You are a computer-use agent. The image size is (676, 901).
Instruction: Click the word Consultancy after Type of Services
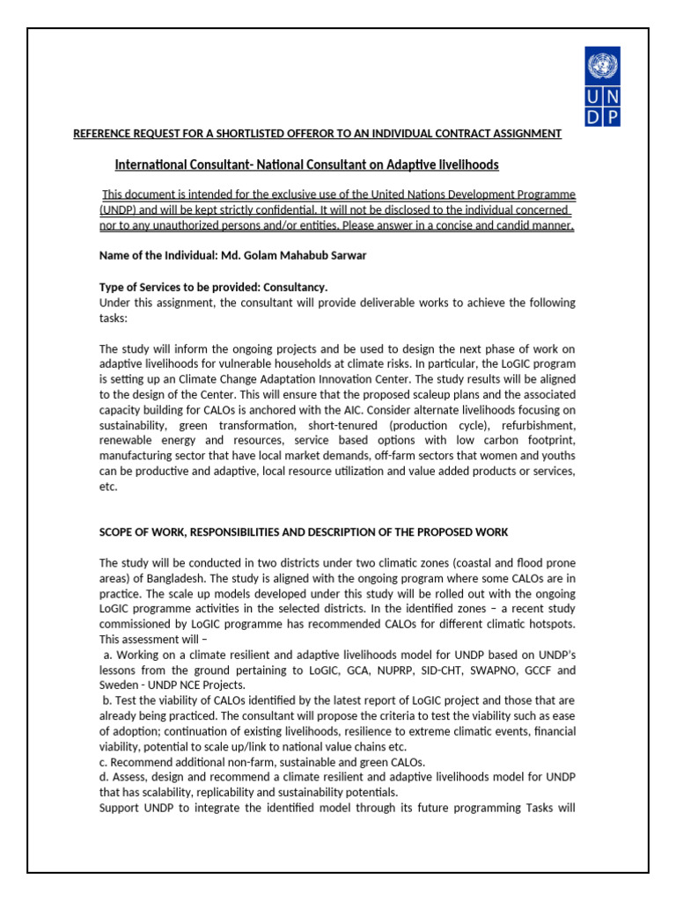click(296, 288)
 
